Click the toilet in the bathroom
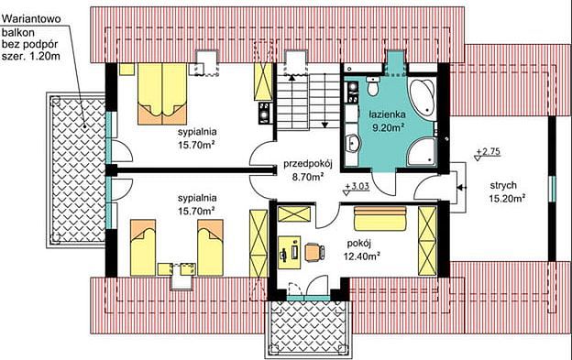click(x=372, y=86)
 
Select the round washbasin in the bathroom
click(x=352, y=143)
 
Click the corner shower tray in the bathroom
click(x=422, y=152)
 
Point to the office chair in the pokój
click(x=314, y=252)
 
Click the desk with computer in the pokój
click(x=290, y=253)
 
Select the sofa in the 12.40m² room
click(x=380, y=219)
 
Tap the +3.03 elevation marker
click(x=357, y=187)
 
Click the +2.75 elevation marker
click(x=488, y=153)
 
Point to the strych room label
click(x=503, y=185)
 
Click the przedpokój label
click(x=308, y=164)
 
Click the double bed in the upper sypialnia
click(x=162, y=93)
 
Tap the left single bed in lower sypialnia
click(x=143, y=247)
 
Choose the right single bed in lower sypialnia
click(x=210, y=247)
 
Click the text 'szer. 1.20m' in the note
click(x=31, y=57)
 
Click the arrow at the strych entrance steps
click(x=461, y=188)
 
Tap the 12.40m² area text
click(x=362, y=256)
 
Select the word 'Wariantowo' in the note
click(x=31, y=18)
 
